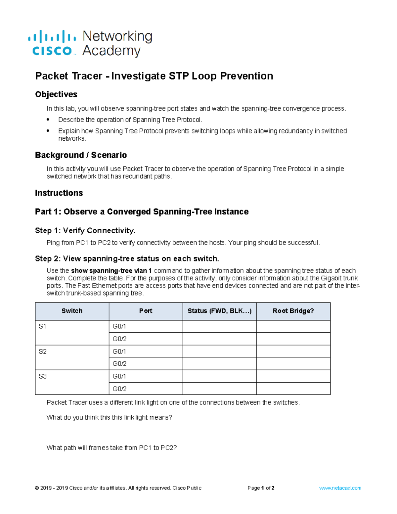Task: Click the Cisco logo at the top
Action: pos(52,43)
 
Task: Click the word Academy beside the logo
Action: pos(111,51)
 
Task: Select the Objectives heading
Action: pos(56,94)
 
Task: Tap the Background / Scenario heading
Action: pos(81,155)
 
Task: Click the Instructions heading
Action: pos(59,193)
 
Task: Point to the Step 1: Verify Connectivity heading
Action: pos(85,230)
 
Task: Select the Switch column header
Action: pos(72,311)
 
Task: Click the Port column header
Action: pos(146,311)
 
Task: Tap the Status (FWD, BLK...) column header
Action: pos(219,311)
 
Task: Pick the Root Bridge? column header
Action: pos(293,311)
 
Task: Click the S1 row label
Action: pos(42,326)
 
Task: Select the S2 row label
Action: pos(42,351)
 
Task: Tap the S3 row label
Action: pos(42,376)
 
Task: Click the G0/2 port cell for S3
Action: pos(119,389)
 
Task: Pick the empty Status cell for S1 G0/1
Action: pos(219,326)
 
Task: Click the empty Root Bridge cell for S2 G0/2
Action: pos(293,364)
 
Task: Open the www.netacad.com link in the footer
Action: pos(340,488)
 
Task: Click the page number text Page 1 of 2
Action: pos(261,488)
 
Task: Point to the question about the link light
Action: pos(109,417)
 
